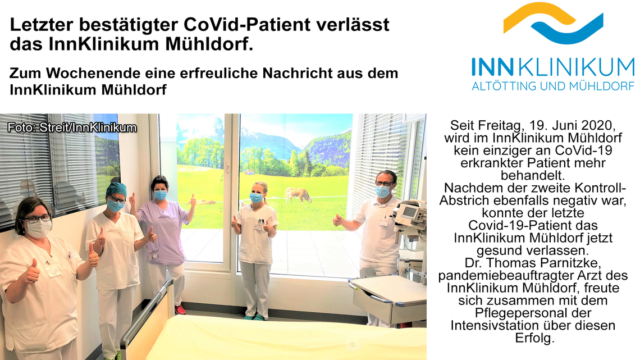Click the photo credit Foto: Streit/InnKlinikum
click(x=72, y=127)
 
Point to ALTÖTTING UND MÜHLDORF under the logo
click(x=553, y=86)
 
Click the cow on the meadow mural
click(x=298, y=195)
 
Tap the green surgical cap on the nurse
click(x=116, y=189)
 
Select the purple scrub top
click(x=163, y=231)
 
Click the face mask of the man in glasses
click(x=382, y=191)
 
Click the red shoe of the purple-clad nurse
click(x=180, y=309)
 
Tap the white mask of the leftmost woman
click(x=39, y=229)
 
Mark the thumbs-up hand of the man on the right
click(x=339, y=220)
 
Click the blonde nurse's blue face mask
click(x=256, y=198)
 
